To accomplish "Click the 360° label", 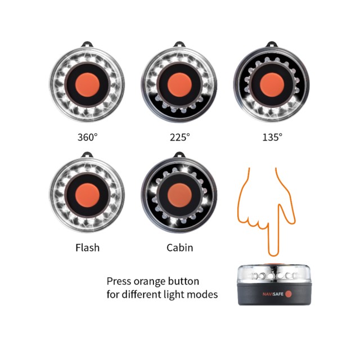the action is point(88,137).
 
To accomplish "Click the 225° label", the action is point(180,137).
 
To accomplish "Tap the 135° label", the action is point(272,137).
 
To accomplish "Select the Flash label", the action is point(88,247).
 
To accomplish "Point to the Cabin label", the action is point(180,247).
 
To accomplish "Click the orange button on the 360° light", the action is point(88,85).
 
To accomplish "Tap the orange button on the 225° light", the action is point(179,85).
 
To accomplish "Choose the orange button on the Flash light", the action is point(88,195).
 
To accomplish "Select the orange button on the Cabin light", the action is point(179,195).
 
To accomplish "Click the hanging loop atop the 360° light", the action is point(88,44).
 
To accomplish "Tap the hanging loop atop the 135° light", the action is point(272,44).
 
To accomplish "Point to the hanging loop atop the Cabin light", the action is point(179,155).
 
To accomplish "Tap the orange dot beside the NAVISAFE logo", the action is point(289,294).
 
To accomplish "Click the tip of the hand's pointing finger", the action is point(273,255).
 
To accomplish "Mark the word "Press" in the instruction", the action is point(119,281).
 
